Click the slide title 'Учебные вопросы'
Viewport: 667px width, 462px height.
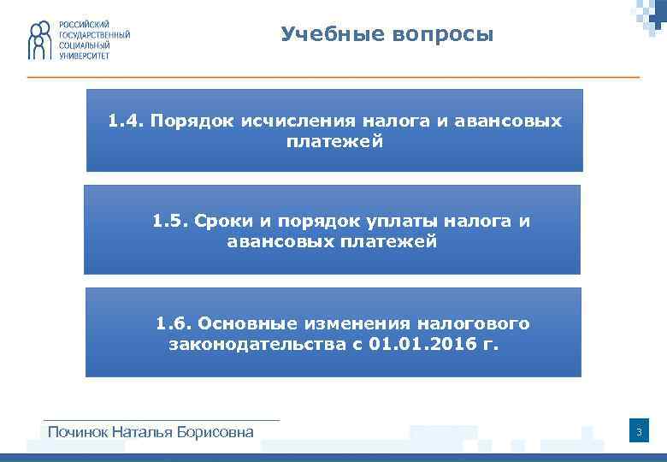point(387,35)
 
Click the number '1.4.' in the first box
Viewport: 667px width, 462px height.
point(126,121)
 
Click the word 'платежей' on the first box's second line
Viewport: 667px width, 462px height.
point(334,141)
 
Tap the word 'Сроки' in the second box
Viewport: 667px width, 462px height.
point(224,222)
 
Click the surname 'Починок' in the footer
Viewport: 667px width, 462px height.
point(79,432)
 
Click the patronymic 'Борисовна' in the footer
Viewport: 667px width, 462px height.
point(215,432)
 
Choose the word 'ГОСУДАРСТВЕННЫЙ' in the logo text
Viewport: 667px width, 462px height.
point(94,34)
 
